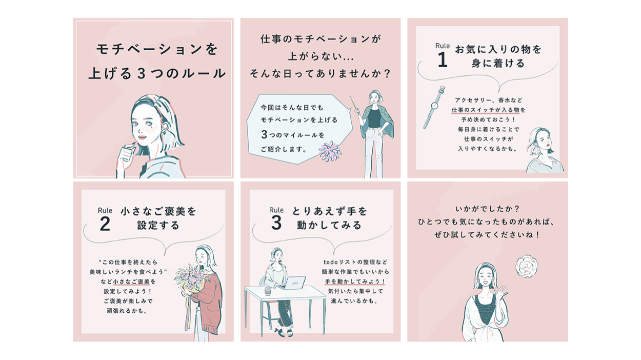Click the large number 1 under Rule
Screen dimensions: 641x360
pyautogui.click(x=443, y=60)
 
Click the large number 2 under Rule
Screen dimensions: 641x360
pyautogui.click(x=105, y=224)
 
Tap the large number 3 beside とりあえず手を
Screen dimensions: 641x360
pyautogui.click(x=276, y=223)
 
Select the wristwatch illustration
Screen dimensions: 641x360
pyautogui.click(x=434, y=107)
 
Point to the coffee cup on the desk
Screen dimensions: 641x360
pyautogui.click(x=268, y=291)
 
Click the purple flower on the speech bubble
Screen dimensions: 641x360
pyautogui.click(x=330, y=151)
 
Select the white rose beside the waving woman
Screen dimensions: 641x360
pyautogui.click(x=527, y=267)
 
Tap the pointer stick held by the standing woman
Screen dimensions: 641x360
pyautogui.click(x=354, y=103)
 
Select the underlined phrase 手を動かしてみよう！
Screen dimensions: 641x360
pyautogui.click(x=355, y=282)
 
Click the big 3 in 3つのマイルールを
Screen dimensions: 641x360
pyautogui.click(x=264, y=134)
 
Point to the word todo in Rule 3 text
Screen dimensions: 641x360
pyautogui.click(x=331, y=262)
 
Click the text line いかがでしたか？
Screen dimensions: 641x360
pyautogui.click(x=487, y=209)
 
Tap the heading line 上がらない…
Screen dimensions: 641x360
pyautogui.click(x=320, y=56)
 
